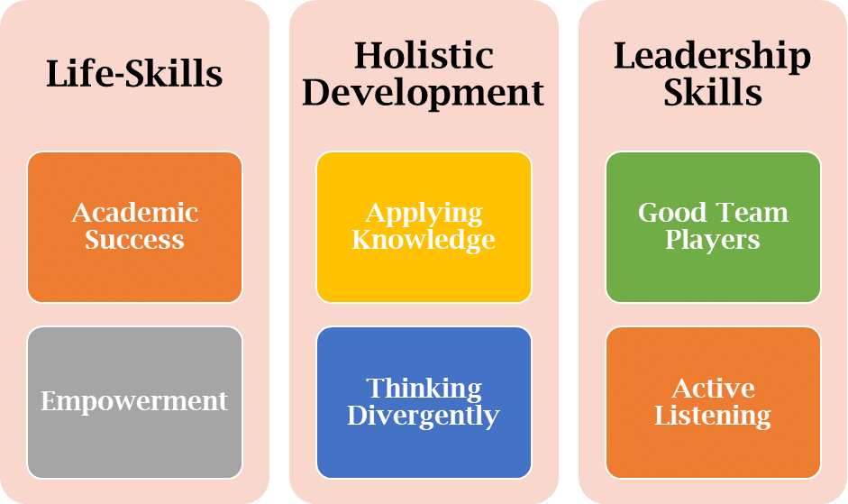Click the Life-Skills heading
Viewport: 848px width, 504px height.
pos(134,74)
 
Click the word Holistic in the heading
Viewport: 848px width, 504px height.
pos(424,55)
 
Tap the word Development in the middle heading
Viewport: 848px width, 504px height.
pos(424,94)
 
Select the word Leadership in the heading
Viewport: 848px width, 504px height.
pos(712,57)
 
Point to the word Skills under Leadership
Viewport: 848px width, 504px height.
pos(713,92)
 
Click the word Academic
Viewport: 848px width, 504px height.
pos(134,212)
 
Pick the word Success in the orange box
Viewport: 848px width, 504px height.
pos(134,239)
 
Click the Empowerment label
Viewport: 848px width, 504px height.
pos(134,402)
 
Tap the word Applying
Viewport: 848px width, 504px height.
pos(424,214)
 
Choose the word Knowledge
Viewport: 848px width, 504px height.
pos(424,241)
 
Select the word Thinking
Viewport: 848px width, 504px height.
pos(424,389)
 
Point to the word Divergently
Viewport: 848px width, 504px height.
pos(424,417)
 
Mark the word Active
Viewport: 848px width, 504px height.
pos(714,389)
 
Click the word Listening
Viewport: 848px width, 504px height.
pos(713,417)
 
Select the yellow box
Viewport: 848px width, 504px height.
pos(424,227)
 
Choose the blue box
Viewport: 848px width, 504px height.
pos(424,403)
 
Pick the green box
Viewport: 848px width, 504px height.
pos(714,227)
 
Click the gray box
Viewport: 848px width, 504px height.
pos(134,403)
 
